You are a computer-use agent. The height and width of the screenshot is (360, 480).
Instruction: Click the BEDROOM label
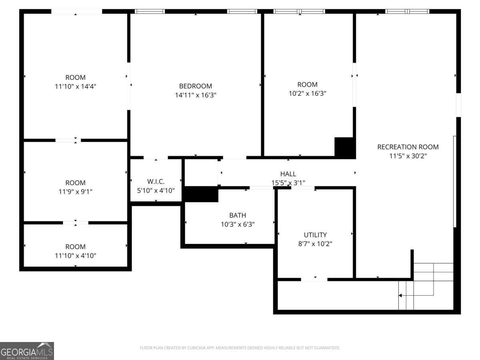coord(195,86)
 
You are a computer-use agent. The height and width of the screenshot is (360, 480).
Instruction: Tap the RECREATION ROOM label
coord(408,147)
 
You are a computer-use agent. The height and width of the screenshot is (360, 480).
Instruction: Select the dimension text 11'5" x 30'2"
coord(408,156)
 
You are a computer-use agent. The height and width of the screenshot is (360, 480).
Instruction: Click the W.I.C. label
coord(156,182)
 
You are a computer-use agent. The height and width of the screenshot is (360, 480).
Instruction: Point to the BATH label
coord(238,216)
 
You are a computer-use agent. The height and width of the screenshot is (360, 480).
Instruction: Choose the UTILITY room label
coord(315,235)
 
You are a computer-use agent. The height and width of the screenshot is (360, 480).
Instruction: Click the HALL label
coord(288,174)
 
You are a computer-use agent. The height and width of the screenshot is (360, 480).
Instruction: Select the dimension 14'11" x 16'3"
coord(195,95)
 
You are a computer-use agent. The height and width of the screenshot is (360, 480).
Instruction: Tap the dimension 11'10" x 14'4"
coord(75,86)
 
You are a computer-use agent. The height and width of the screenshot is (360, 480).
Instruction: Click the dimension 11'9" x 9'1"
coord(75,192)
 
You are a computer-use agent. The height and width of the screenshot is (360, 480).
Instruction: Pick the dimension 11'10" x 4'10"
coord(75,255)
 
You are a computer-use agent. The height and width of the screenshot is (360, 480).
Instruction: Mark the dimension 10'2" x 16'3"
coord(307,93)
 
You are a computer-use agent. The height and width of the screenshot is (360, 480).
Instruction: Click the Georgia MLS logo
coord(27,351)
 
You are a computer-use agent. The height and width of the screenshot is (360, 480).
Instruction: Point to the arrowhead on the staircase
coord(400,296)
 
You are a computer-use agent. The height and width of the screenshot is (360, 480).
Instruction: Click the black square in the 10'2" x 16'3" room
coord(344,147)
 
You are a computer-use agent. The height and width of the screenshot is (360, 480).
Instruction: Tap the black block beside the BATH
coord(201,195)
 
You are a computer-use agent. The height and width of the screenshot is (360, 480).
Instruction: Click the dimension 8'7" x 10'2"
coord(315,244)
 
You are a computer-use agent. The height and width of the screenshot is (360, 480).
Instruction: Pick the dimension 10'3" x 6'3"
coord(238,224)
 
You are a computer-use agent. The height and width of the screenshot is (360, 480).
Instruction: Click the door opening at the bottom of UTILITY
coord(314,279)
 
